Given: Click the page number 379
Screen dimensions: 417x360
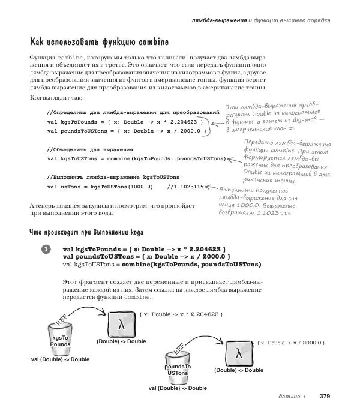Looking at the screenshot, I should [x=325, y=396].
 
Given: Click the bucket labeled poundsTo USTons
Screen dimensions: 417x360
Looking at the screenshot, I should [x=178, y=368].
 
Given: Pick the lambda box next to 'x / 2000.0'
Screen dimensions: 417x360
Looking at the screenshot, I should [x=238, y=353].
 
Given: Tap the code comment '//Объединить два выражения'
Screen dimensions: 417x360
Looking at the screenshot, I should [x=89, y=149].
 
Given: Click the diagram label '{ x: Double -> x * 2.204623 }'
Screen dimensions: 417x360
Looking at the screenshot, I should [x=181, y=314].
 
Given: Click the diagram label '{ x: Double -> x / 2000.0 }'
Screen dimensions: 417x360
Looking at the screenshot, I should [x=290, y=343].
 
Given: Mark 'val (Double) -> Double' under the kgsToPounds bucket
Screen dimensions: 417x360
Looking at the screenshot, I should [x=60, y=359].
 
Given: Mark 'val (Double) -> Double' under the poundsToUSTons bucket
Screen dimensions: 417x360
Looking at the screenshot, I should [x=178, y=388].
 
